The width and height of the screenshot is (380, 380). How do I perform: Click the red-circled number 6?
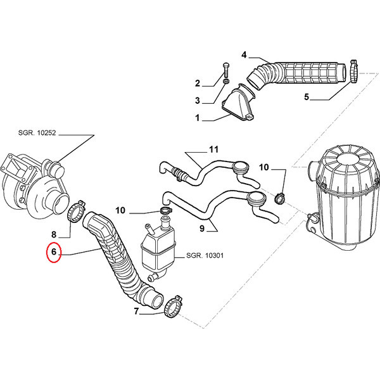(54, 252)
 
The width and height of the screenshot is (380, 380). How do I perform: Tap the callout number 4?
(244, 55)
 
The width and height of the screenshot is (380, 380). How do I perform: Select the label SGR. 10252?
(37, 133)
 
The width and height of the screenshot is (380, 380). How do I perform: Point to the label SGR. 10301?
(205, 255)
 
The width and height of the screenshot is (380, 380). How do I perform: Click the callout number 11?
(213, 149)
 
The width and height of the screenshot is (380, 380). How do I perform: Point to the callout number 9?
(202, 228)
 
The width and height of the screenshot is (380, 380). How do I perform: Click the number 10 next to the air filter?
(264, 167)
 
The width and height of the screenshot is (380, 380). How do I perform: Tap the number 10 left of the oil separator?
(120, 210)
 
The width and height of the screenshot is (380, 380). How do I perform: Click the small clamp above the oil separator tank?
(166, 211)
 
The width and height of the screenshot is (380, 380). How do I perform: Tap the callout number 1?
(198, 118)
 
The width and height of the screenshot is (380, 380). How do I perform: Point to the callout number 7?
(136, 311)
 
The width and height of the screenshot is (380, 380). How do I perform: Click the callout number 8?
(54, 234)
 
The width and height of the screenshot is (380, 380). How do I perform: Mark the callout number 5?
(307, 97)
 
